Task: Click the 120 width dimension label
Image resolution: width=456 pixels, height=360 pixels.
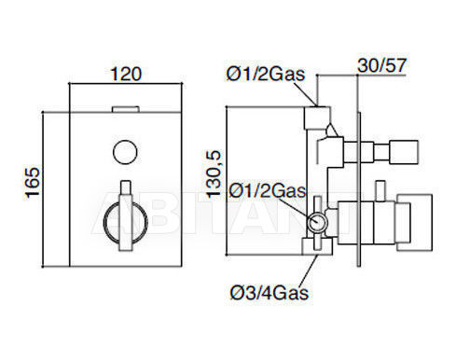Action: tap(126, 74)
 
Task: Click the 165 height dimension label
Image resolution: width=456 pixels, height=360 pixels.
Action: tap(33, 183)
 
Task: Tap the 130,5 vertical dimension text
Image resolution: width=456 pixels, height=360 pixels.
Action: tap(214, 174)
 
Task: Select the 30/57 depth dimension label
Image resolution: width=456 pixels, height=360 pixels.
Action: tap(382, 65)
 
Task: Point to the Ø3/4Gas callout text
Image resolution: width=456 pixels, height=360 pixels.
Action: tap(269, 293)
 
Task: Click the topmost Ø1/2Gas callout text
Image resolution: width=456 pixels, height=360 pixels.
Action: tap(266, 74)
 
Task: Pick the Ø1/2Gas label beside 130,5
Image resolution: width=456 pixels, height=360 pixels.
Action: tap(268, 190)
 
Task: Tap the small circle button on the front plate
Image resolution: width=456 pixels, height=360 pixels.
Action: tap(125, 152)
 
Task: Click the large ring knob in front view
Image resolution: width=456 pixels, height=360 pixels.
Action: tap(104, 223)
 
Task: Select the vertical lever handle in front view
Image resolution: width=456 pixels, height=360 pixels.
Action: tap(126, 215)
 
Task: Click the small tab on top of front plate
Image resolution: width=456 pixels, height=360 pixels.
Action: tap(126, 109)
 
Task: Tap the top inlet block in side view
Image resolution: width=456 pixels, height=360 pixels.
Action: tap(317, 118)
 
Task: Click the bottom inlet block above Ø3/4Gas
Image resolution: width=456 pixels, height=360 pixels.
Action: tap(317, 246)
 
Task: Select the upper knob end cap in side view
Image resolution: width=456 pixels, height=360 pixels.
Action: tap(404, 152)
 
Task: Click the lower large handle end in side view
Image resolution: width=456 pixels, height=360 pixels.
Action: tap(414, 223)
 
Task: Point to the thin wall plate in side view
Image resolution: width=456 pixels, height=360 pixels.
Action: tap(359, 189)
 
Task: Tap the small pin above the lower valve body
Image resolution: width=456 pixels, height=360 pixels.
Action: tap(380, 190)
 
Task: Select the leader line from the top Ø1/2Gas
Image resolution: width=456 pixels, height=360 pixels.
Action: tap(306, 93)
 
